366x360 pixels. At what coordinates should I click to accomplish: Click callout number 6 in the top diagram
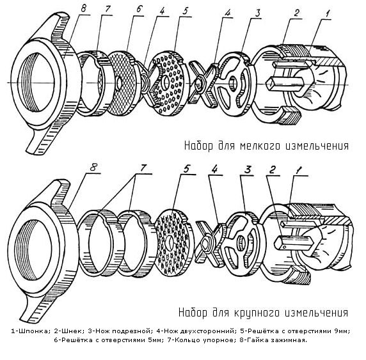[139, 10]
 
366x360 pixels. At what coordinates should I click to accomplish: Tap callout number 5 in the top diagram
[186, 12]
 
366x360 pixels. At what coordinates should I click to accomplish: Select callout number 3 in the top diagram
[257, 13]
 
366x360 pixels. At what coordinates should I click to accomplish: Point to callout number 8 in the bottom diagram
[93, 168]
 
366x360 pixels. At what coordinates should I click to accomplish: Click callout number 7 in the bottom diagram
[143, 168]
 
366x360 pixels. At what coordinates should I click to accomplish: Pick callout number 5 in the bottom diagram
[187, 169]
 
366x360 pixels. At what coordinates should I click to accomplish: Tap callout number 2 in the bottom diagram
[272, 169]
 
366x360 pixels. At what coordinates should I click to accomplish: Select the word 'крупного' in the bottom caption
[257, 313]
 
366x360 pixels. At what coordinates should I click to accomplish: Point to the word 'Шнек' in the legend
[70, 331]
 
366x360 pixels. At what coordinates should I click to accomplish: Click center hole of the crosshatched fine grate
[119, 83]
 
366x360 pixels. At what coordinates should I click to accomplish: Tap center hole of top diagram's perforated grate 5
[166, 82]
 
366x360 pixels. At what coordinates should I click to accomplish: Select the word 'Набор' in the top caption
[198, 146]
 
